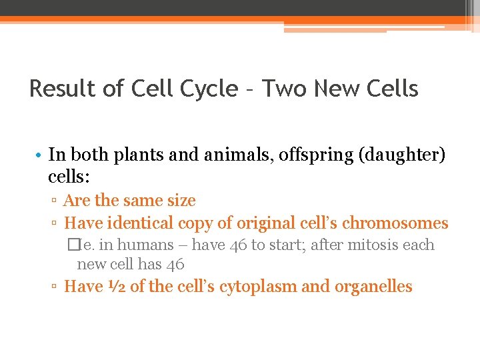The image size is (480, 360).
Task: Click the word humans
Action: click(x=149, y=245)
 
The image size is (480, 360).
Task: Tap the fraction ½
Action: click(x=114, y=287)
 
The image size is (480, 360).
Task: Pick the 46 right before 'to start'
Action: click(x=239, y=245)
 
